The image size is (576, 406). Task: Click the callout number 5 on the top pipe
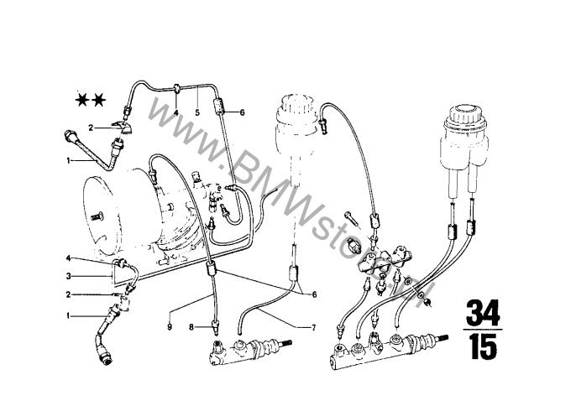click(x=196, y=112)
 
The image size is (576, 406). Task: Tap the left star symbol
click(x=83, y=101)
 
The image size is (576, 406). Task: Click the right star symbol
click(x=101, y=101)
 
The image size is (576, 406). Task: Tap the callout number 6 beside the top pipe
click(x=241, y=112)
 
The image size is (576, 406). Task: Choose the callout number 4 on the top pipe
click(x=176, y=112)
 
